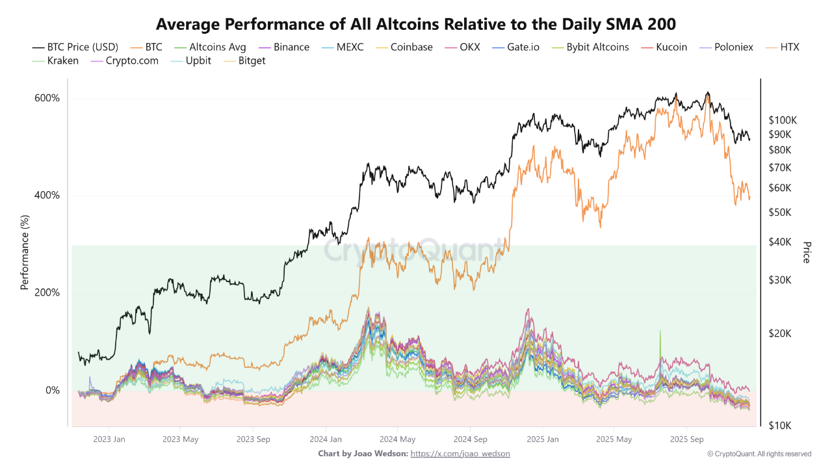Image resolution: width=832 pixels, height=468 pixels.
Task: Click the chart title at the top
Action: point(416,24)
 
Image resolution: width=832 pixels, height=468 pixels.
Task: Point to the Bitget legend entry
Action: point(246,60)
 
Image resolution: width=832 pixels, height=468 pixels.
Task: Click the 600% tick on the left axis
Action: point(47,98)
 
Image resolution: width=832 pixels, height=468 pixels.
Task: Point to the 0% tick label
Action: point(53,390)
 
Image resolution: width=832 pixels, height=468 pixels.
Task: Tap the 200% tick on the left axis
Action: point(47,292)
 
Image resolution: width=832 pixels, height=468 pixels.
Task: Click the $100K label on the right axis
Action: point(783,120)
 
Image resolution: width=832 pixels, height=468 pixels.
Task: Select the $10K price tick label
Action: point(780,426)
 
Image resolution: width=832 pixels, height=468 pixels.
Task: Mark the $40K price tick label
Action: point(780,242)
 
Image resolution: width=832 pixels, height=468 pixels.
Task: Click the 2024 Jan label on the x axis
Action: point(325,439)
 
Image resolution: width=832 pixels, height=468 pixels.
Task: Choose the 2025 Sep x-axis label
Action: point(687,439)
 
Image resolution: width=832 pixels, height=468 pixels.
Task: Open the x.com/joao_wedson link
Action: point(460,454)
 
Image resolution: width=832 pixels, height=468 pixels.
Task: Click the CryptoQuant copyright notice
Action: point(759,454)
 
